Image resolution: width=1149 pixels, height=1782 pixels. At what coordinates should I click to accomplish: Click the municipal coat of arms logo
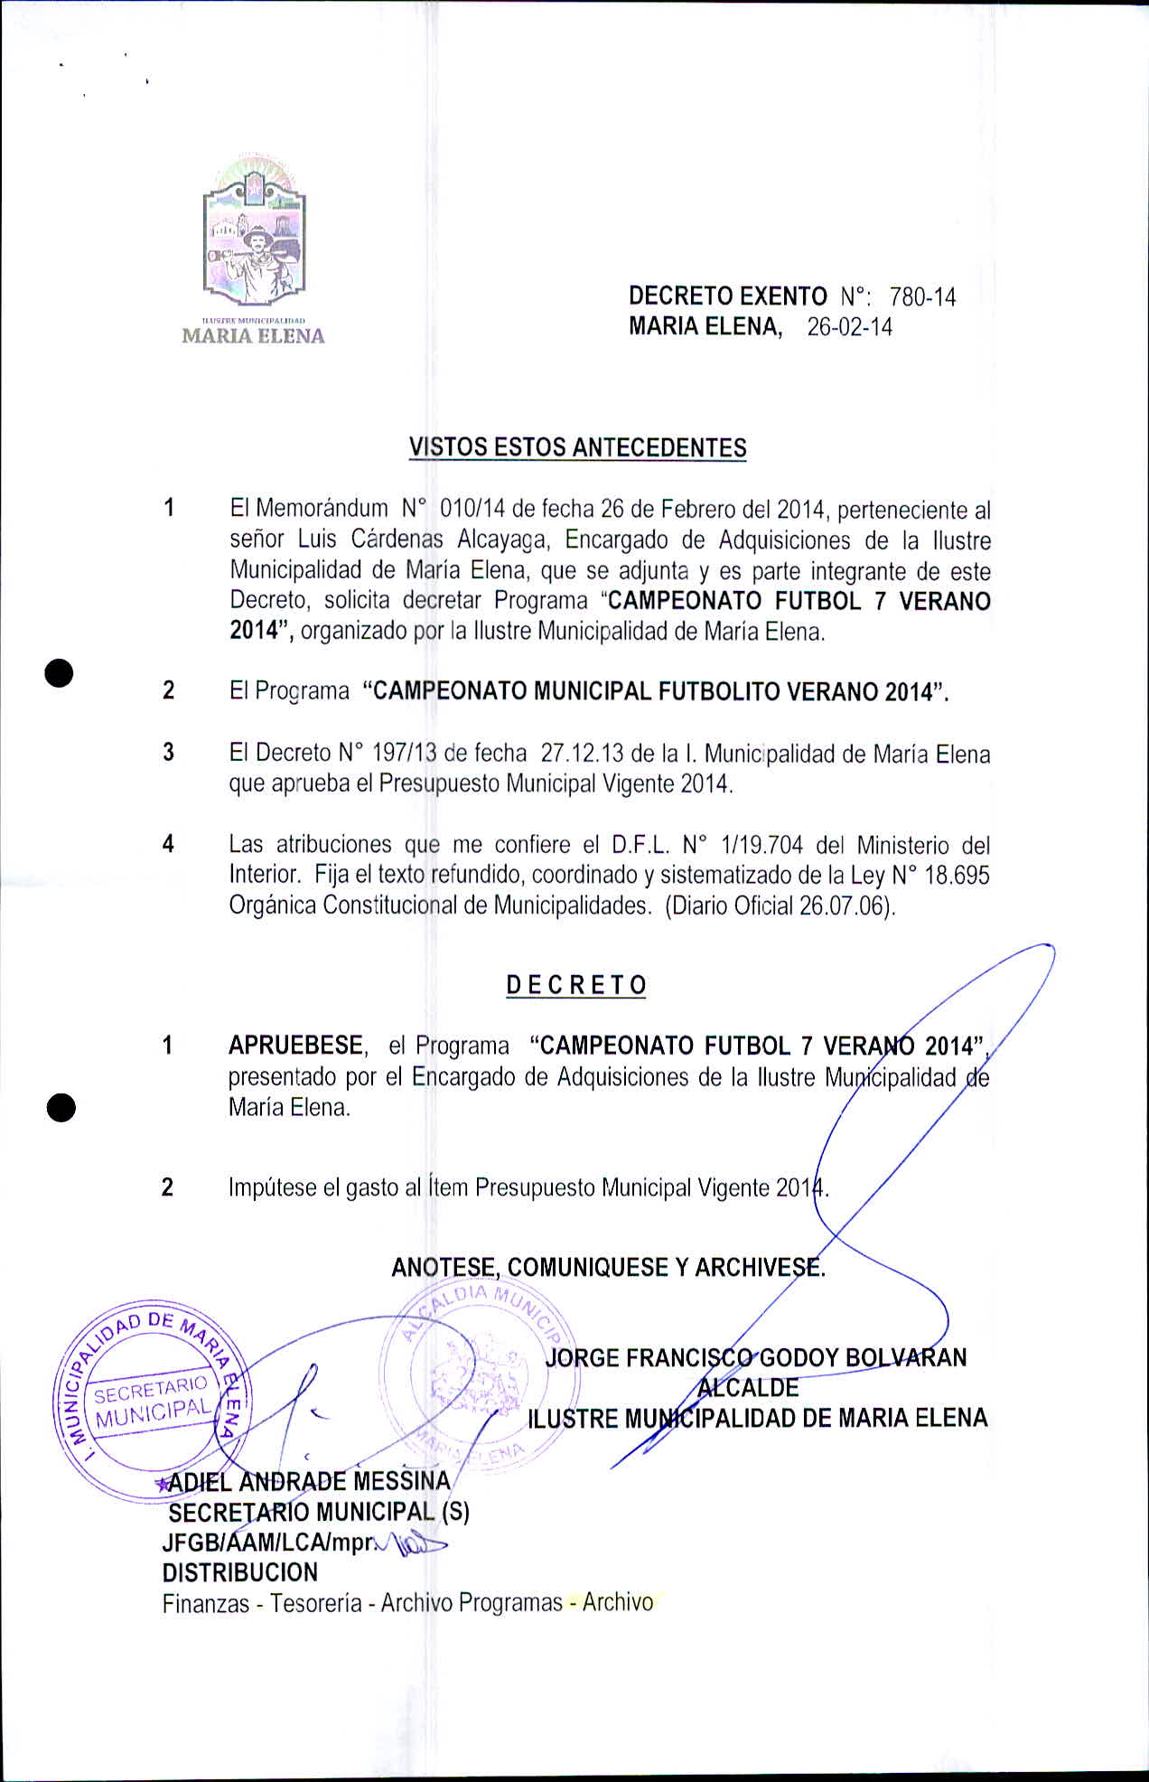254,233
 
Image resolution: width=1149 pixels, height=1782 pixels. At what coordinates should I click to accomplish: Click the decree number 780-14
922,297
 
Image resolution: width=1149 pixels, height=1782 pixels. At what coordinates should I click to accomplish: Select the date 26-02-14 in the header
849,327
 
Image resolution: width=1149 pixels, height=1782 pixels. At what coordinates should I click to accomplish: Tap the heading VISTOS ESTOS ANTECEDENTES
577,447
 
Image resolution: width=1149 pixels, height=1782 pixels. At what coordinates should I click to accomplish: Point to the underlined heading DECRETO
576,985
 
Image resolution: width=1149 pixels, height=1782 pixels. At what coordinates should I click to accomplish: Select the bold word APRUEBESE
296,1046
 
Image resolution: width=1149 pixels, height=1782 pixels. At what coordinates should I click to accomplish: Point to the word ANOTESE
445,1267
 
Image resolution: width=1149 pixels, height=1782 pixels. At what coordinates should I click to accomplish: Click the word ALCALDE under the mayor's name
748,1388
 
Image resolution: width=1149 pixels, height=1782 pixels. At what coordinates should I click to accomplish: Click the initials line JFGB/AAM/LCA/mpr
267,1543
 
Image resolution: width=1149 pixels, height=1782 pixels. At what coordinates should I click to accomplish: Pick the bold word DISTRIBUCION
239,1572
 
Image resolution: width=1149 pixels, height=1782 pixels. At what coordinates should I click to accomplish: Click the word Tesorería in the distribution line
316,1603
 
